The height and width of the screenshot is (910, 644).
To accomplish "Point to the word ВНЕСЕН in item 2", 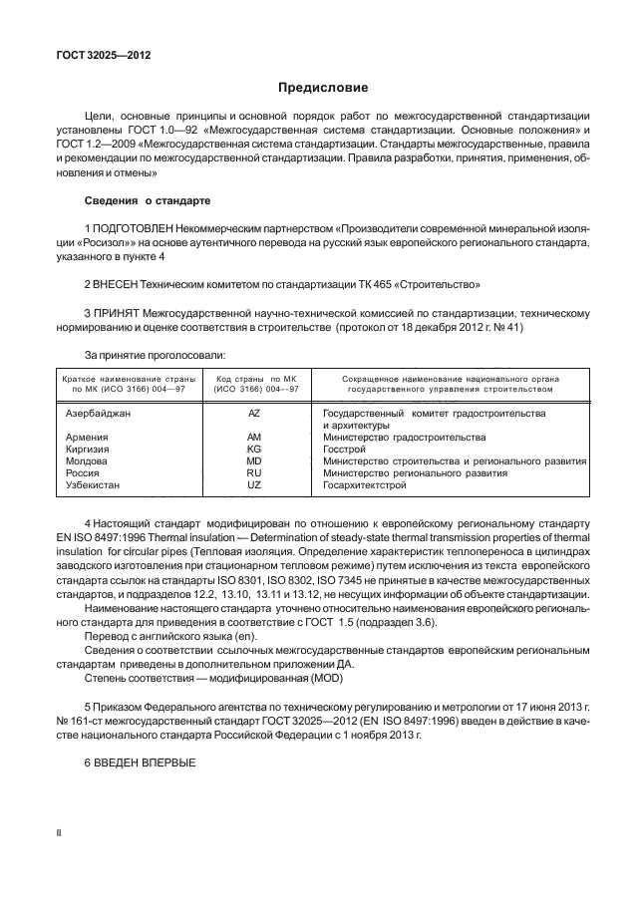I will point(123,283).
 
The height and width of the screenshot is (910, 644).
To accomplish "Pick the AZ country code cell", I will point(253,412).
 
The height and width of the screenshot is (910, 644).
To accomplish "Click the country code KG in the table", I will point(253,450).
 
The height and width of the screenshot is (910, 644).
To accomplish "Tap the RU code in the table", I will point(253,473).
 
